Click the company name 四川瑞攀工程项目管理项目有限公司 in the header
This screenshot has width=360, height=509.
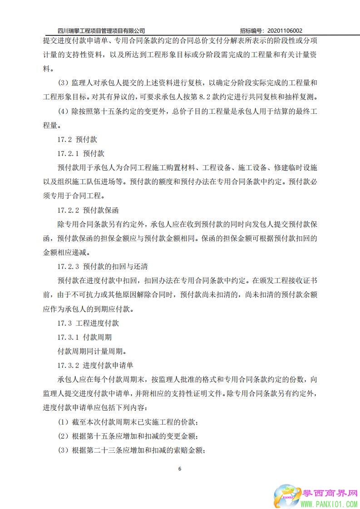pyautogui.click(x=101, y=30)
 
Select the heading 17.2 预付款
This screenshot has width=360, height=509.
pyautogui.click(x=77, y=140)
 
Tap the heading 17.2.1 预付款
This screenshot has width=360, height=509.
pyautogui.click(x=81, y=154)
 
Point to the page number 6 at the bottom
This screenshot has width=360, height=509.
pyautogui.click(x=180, y=469)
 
